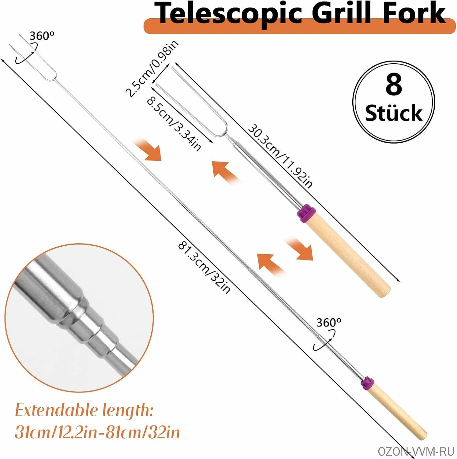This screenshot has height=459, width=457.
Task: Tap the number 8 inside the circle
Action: point(394,85)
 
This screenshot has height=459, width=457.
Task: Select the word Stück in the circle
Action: point(394,113)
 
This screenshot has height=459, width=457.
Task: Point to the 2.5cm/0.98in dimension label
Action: point(152,69)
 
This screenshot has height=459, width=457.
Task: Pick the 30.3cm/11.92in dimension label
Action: point(280,155)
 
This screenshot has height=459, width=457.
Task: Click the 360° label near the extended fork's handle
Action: point(329,323)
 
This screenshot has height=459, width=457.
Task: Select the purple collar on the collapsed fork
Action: point(306,213)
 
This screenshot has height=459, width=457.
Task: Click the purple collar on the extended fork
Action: point(367,383)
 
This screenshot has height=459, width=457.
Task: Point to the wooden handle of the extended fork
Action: point(397,413)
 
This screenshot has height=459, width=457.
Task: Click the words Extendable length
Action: point(84,410)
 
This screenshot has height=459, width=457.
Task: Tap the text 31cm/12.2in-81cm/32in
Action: point(97,432)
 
